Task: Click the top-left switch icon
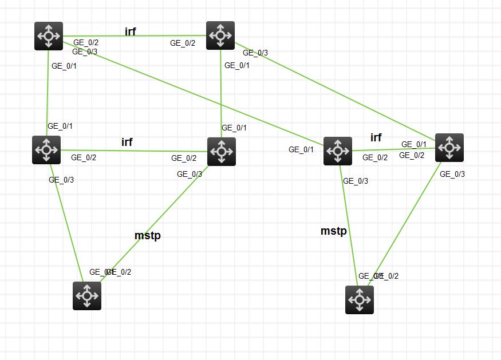click(x=49, y=36)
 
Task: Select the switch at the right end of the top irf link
click(x=220, y=35)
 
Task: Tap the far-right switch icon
click(x=449, y=148)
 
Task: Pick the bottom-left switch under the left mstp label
click(x=87, y=296)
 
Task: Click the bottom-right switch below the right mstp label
click(x=360, y=300)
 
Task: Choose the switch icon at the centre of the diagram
click(x=221, y=152)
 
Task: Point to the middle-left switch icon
click(x=46, y=150)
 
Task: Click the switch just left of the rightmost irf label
click(x=338, y=151)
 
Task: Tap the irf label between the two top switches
click(x=130, y=31)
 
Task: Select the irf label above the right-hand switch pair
click(x=376, y=137)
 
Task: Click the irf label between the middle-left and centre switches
click(x=127, y=142)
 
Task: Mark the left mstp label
click(x=147, y=236)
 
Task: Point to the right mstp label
click(x=333, y=231)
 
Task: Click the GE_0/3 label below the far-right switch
click(x=452, y=174)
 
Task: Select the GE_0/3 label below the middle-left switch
click(x=61, y=180)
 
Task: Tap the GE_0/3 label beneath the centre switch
click(x=190, y=174)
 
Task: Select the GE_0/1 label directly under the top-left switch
click(x=64, y=66)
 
